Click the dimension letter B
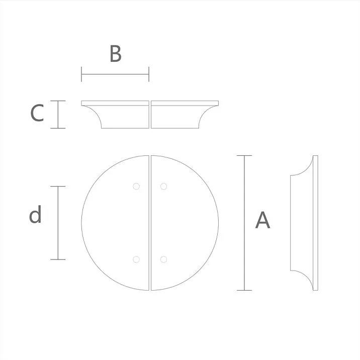[115, 54]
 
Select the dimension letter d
[35, 215]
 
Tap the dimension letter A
[262, 221]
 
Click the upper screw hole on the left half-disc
[136, 186]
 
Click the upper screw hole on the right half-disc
[163, 186]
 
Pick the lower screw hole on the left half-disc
[136, 259]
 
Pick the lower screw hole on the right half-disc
[163, 259]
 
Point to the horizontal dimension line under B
[115, 75]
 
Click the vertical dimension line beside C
[58, 115]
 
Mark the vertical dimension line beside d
[58, 223]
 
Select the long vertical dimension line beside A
[244, 223]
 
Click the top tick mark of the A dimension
[244, 156]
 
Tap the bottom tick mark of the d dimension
[58, 259]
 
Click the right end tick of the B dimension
[149, 75]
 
